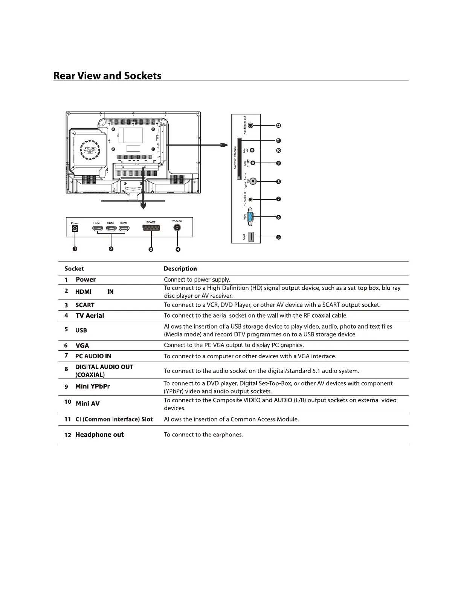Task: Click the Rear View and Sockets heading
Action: [x=107, y=76]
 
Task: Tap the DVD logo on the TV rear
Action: [x=89, y=150]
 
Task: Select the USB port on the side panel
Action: [x=252, y=237]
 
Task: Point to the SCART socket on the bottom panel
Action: [x=151, y=228]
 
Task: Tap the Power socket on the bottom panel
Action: [x=75, y=229]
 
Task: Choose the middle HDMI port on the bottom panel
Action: [x=111, y=228]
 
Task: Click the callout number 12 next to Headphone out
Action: [x=278, y=126]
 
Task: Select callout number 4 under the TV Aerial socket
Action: [x=178, y=249]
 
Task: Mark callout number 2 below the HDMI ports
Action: [x=111, y=249]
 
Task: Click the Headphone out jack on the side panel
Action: [x=252, y=126]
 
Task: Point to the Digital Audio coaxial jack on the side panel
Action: [x=253, y=181]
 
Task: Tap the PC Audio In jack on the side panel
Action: [x=251, y=199]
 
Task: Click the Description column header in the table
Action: [x=180, y=269]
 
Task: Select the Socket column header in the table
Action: [x=74, y=269]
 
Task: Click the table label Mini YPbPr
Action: [x=93, y=386]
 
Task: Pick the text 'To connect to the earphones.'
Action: [x=203, y=435]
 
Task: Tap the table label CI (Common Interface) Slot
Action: [x=114, y=419]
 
